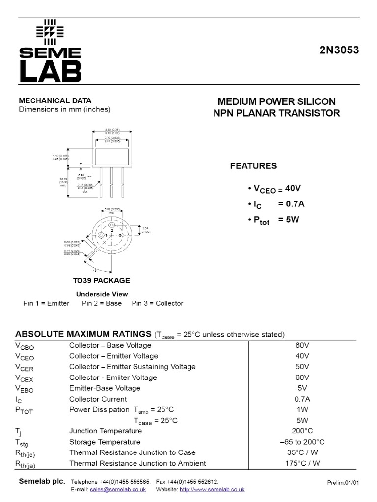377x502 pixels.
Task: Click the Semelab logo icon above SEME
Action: (50, 31)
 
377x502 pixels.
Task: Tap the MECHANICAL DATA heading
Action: (55, 100)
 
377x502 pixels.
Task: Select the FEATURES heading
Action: (253, 166)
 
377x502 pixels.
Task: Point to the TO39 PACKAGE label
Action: (102, 281)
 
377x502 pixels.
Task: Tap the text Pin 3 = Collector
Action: (157, 303)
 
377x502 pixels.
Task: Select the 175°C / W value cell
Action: (302, 463)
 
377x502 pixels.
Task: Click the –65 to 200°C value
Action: (302, 442)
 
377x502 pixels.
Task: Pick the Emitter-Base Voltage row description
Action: (105, 388)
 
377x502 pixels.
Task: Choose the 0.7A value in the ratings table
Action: (302, 399)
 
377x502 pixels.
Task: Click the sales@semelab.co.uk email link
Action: (118, 489)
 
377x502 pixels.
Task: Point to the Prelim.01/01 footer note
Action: (343, 483)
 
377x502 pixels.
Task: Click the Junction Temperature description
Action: (106, 431)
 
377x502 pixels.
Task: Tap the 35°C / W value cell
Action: (302, 452)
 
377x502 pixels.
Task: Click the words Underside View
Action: (102, 294)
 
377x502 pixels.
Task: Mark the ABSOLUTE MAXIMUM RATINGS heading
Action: (83, 334)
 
